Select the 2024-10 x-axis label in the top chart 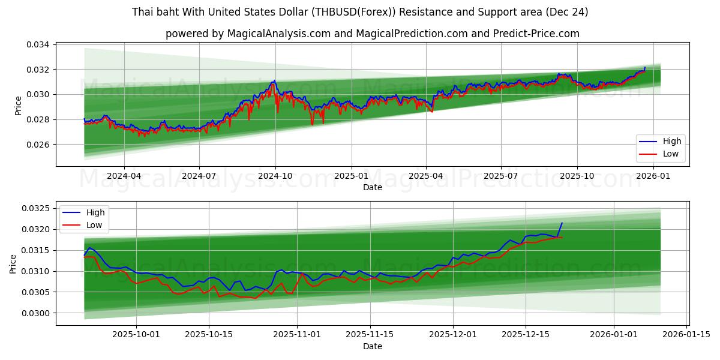275,176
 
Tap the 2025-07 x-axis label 500,176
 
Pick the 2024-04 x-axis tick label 124,176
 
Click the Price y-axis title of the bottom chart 13,263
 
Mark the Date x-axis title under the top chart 373,188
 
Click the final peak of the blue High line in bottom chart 562,223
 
